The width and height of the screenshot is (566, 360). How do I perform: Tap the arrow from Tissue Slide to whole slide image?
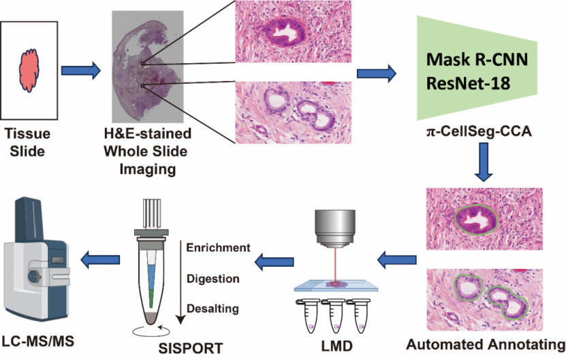coord(82,70)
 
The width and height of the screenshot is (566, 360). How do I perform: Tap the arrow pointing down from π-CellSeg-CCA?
coord(483,166)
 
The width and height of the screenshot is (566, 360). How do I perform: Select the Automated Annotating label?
coord(485,344)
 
